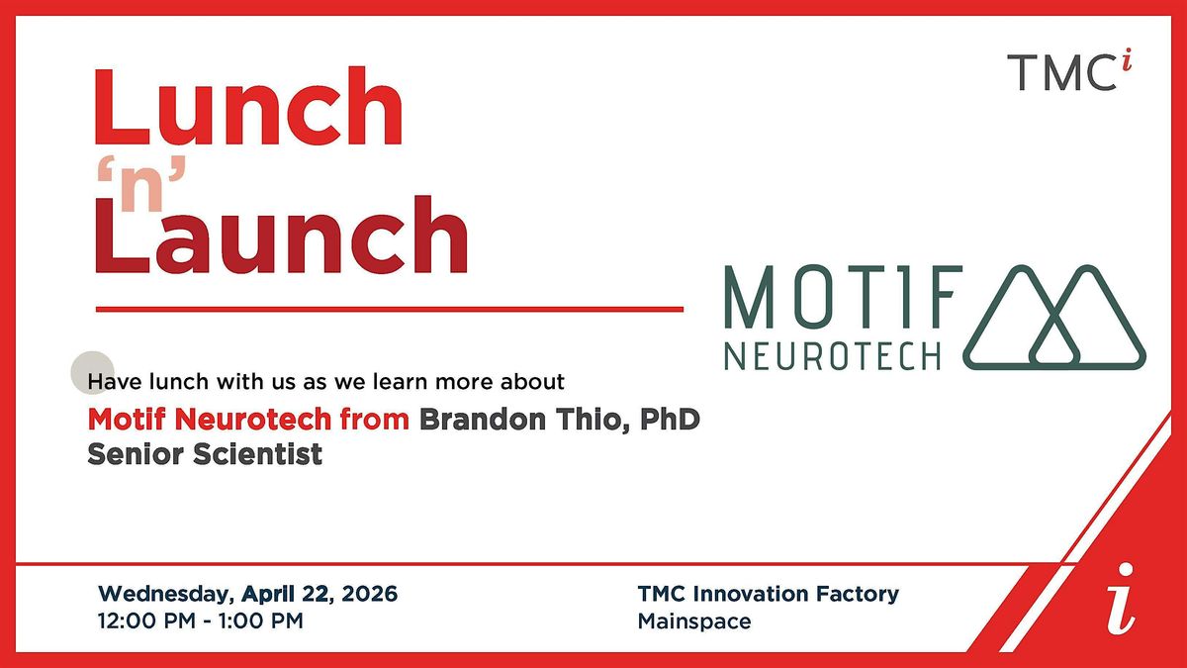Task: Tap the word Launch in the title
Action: (x=281, y=235)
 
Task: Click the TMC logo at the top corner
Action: (x=1069, y=70)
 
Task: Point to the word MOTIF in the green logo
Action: (x=843, y=296)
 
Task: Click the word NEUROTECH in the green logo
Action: (x=833, y=355)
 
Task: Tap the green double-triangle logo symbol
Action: (x=1054, y=317)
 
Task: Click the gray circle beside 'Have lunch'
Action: (x=93, y=373)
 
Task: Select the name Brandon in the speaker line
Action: (x=483, y=420)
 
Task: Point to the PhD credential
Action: (x=670, y=420)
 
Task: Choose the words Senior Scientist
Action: (x=205, y=454)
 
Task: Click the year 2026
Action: (x=369, y=594)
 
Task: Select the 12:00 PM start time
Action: (x=146, y=620)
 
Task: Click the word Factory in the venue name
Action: (x=858, y=595)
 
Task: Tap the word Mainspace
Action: (x=694, y=621)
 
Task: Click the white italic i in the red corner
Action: (x=1120, y=599)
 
